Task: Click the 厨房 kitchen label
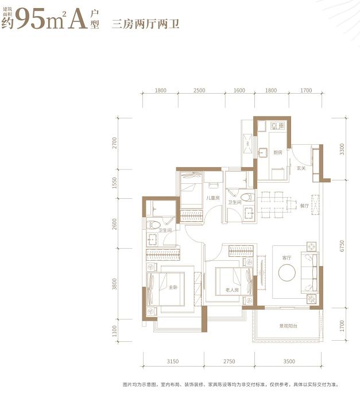(277, 152)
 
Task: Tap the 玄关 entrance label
(300, 168)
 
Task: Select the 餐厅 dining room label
(304, 205)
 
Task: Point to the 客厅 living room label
(287, 258)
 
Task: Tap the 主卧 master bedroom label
(173, 288)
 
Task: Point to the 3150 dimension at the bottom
(173, 361)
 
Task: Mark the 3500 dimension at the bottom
(289, 361)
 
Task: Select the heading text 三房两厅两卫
(146, 24)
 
